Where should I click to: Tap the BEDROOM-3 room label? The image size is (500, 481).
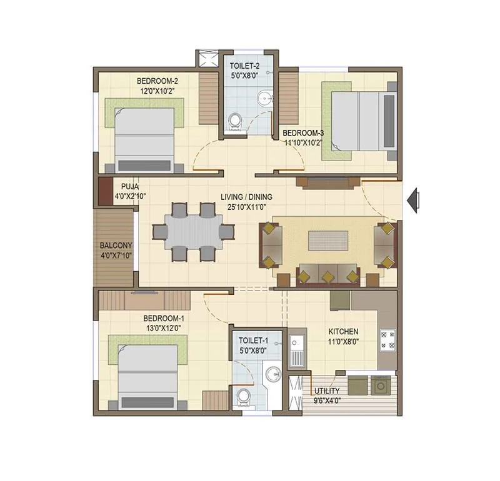[x=303, y=133]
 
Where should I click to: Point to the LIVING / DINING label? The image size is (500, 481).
[x=246, y=197]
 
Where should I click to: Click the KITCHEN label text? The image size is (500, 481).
[x=343, y=332]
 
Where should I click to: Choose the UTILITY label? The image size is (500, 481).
[x=327, y=391]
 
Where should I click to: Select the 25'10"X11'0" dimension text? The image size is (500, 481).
[x=246, y=206]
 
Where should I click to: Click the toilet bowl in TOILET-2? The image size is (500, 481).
[x=236, y=122]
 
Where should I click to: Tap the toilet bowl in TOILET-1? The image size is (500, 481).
[x=242, y=397]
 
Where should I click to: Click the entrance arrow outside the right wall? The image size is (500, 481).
[x=412, y=201]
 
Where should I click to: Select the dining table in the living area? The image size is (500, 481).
[x=192, y=231]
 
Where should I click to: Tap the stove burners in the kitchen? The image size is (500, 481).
[x=387, y=340]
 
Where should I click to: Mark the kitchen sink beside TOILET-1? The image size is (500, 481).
[x=296, y=349]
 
